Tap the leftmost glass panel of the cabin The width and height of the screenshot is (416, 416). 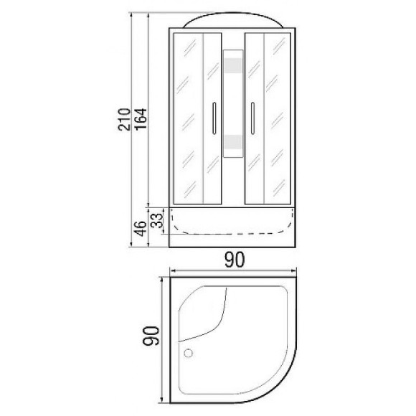click(x=187, y=118)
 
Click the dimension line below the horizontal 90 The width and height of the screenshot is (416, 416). click(x=232, y=273)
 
